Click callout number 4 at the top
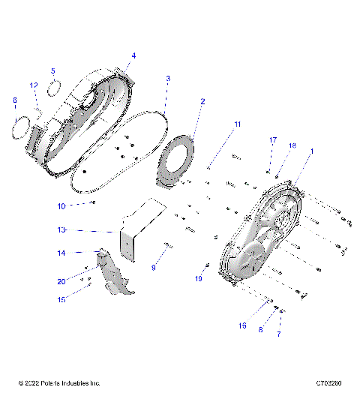[x=133, y=55]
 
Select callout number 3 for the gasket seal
[x=168, y=78]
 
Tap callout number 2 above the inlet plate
[x=202, y=100]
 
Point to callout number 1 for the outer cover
[x=312, y=151]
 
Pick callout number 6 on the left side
[x=14, y=100]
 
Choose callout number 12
[x=34, y=85]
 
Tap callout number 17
[x=273, y=139]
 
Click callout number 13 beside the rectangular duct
[x=62, y=229]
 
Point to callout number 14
[x=62, y=253]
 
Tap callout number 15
[x=62, y=299]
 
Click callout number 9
[x=154, y=267]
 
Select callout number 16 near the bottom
[x=242, y=326]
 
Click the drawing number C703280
[x=329, y=383]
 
